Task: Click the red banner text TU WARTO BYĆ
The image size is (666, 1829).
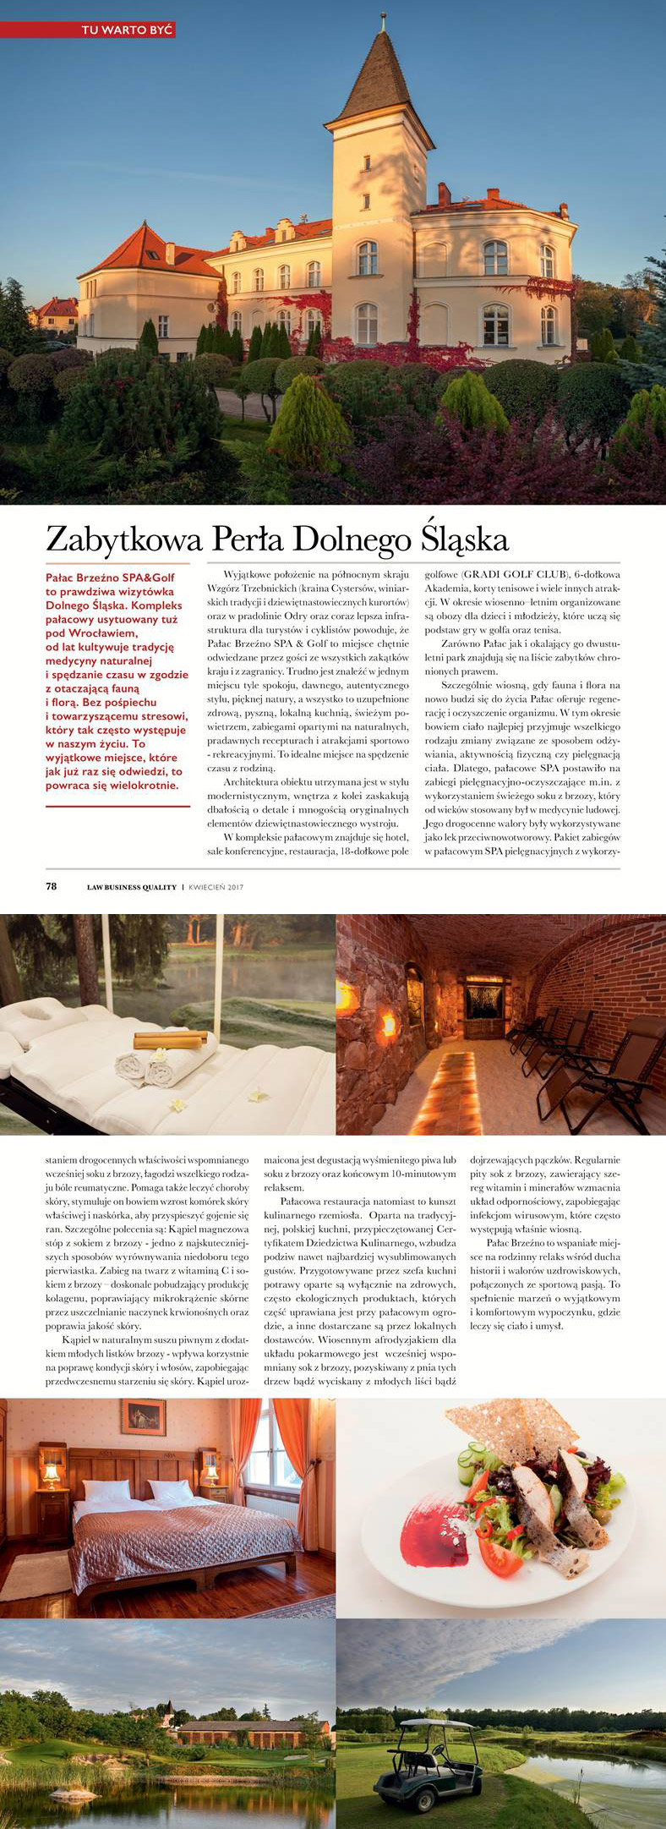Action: point(127,30)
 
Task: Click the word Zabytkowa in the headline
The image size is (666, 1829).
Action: point(113,539)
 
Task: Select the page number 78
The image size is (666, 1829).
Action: point(52,887)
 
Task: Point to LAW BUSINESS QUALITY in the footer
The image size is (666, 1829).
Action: point(132,887)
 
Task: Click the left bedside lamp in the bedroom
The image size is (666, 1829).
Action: point(52,1476)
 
